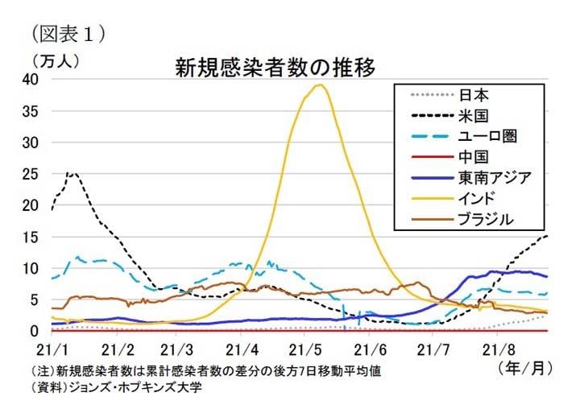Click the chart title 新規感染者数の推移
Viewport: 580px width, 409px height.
point(275,67)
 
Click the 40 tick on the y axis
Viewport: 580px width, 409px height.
point(30,79)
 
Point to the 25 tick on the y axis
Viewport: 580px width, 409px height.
point(30,173)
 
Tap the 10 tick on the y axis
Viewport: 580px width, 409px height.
point(30,267)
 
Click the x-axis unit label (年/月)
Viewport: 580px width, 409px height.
point(524,370)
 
